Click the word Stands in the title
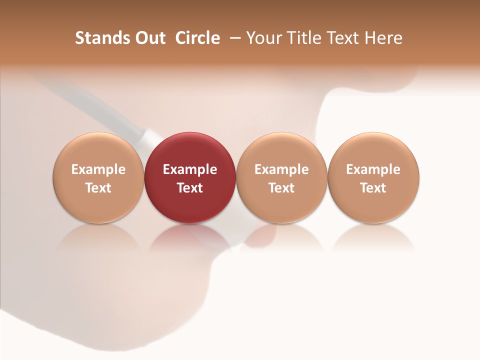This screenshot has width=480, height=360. click(97, 38)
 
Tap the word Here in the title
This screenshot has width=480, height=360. click(384, 38)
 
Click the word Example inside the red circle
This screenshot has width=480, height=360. click(190, 169)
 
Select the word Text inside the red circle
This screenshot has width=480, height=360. click(190, 188)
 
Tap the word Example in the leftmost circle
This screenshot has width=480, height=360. click(98, 169)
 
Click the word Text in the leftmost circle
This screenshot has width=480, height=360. click(98, 188)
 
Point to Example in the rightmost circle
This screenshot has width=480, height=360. click(373, 169)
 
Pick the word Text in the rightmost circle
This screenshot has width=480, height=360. click(373, 188)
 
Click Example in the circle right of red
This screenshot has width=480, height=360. click(281, 169)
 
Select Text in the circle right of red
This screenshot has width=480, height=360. click(281, 188)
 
